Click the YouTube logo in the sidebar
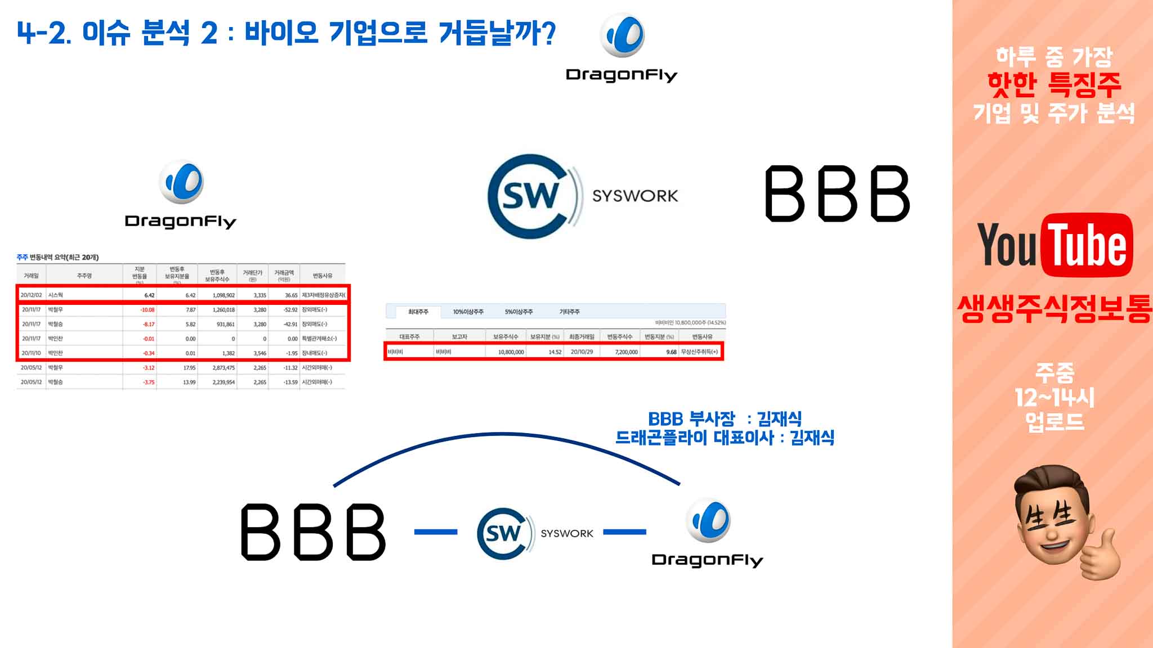[1054, 245]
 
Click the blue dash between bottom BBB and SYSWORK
[436, 532]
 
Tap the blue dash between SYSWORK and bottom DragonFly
[624, 532]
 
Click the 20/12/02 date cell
[31, 295]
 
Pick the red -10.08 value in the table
[148, 309]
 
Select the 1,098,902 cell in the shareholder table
[224, 295]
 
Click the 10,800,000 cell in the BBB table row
[511, 352]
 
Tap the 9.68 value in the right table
[671, 352]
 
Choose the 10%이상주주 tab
[468, 312]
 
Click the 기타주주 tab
[569, 312]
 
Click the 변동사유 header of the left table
[323, 276]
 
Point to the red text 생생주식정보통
[1054, 309]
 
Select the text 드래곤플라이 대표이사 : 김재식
[725, 438]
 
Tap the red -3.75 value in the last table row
[149, 382]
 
